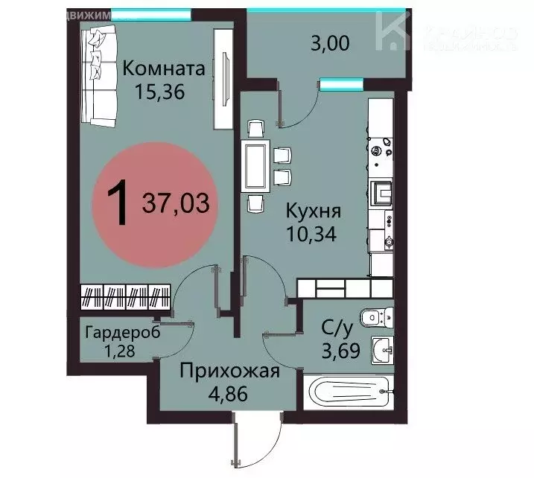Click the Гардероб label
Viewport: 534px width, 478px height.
122,332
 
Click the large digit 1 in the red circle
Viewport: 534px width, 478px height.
116,203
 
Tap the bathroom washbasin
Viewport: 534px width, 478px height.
382,347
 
